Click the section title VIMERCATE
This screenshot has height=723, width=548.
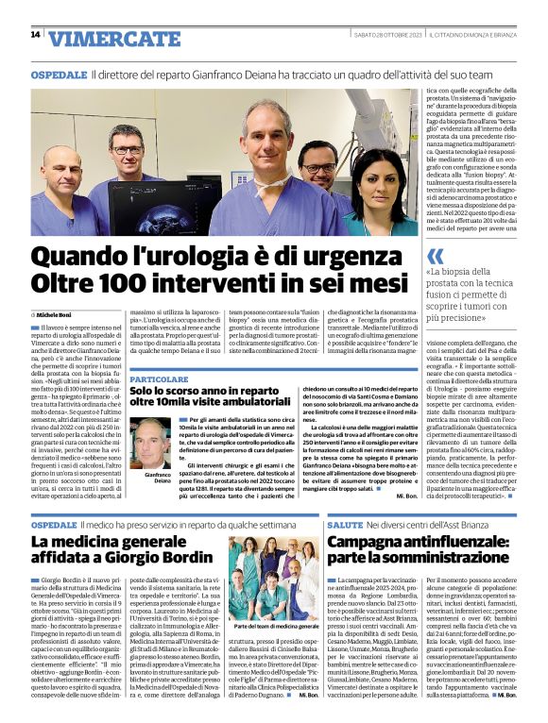click(x=101, y=39)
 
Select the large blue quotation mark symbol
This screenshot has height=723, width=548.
click(x=435, y=256)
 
